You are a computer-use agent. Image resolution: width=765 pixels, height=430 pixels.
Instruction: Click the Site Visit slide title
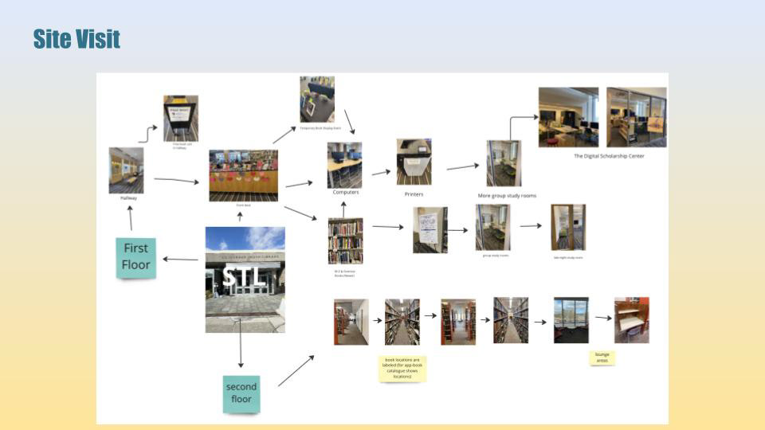click(76, 38)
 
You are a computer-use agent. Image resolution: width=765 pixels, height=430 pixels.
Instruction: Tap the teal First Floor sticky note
click(135, 257)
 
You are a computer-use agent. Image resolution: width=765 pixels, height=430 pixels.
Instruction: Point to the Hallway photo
click(126, 170)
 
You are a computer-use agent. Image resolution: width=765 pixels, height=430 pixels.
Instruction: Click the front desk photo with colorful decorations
click(243, 175)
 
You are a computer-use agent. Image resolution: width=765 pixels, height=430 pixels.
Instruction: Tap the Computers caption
click(345, 192)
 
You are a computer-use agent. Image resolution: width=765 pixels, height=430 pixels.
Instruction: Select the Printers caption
click(414, 194)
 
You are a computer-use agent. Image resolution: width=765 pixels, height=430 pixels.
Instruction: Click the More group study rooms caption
click(507, 195)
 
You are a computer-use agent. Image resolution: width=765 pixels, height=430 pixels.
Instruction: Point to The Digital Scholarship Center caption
click(609, 156)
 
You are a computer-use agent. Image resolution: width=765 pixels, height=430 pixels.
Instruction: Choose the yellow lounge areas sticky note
click(602, 358)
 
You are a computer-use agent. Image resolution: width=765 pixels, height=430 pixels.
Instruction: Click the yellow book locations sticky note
click(402, 368)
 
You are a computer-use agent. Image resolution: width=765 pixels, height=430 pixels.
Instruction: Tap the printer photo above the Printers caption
click(414, 162)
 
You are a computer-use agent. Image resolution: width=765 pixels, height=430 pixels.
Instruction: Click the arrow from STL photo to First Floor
click(181, 259)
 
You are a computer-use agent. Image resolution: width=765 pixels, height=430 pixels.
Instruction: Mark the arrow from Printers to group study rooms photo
click(462, 167)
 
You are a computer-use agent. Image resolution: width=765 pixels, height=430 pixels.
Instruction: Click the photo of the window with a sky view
click(571, 320)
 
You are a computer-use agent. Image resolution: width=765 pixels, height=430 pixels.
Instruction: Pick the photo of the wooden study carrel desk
click(631, 320)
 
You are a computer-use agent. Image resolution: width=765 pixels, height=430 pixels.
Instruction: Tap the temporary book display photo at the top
click(316, 100)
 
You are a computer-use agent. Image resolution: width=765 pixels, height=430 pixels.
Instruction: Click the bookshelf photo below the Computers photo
click(345, 240)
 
